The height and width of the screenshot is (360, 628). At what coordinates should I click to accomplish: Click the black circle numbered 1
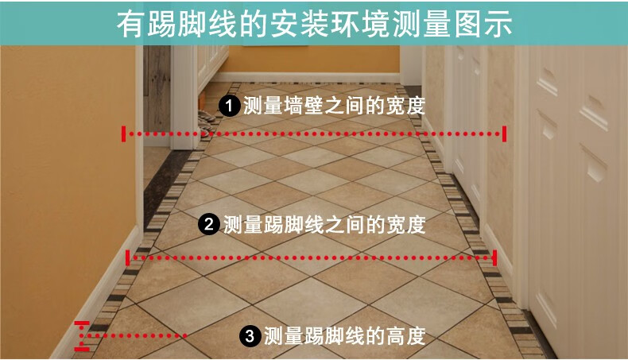(x=229, y=106)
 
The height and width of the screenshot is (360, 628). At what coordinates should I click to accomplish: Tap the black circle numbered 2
(x=209, y=224)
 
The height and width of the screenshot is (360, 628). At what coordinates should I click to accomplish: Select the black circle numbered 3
(x=250, y=335)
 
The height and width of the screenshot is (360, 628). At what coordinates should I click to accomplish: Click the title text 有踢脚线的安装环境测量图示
(x=315, y=24)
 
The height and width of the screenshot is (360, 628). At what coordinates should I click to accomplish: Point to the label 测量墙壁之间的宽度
(x=334, y=106)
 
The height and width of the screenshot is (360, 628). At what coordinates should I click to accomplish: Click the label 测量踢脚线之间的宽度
(x=324, y=224)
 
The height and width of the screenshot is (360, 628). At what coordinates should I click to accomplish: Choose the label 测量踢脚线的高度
(x=344, y=335)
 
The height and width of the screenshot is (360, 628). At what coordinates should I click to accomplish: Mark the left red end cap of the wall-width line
(x=124, y=134)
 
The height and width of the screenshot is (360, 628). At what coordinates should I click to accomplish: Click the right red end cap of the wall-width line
(x=504, y=134)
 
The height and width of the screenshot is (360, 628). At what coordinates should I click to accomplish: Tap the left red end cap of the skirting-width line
(x=127, y=258)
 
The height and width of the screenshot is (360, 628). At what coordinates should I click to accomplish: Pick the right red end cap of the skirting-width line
(x=495, y=258)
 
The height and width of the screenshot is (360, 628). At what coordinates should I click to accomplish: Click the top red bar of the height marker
(x=82, y=323)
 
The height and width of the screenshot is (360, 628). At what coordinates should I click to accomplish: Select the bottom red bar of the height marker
(x=82, y=349)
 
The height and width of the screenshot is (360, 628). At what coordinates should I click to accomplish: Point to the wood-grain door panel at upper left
(x=157, y=89)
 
